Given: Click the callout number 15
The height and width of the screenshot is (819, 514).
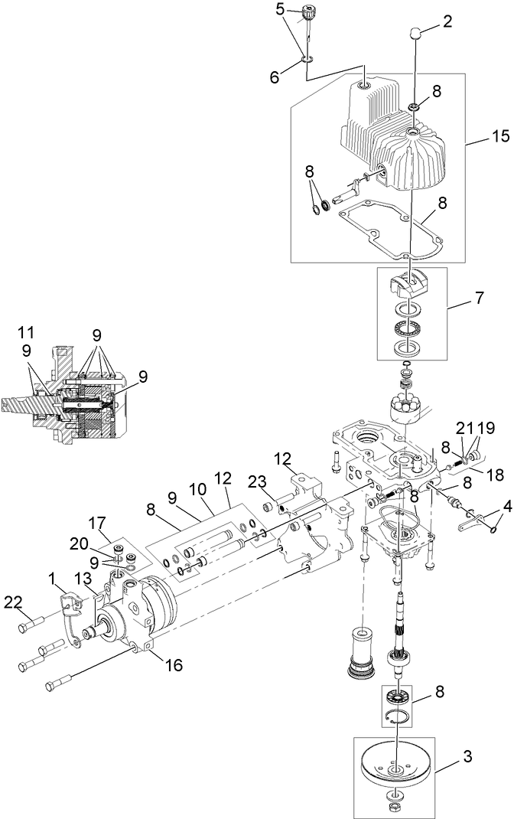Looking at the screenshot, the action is pos(500,136).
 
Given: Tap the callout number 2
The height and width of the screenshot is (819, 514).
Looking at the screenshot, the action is pos(447,22).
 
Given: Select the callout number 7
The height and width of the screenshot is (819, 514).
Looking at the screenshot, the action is pos(478,299).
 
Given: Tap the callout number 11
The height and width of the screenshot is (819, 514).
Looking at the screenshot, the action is pos(25,331).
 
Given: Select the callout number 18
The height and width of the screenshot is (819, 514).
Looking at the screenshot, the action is pos(495,475).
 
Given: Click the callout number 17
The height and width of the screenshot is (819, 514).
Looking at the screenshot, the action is pos(97,522).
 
